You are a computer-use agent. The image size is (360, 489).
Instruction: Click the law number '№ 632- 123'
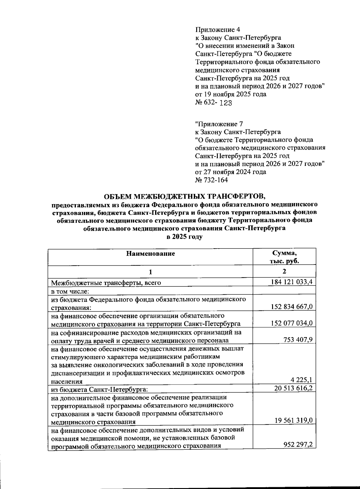(214, 103)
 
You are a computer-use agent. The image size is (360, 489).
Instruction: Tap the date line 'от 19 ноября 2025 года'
(231, 94)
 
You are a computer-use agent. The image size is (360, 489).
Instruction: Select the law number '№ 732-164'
(211, 180)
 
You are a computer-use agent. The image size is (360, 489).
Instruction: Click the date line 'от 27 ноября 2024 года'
(230, 172)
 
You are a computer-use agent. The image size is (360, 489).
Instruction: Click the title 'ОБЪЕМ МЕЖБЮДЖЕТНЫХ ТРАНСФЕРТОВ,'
(184, 196)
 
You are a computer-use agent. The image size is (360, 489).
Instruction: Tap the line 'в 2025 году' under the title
(184, 237)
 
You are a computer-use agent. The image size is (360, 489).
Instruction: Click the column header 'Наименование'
(150, 254)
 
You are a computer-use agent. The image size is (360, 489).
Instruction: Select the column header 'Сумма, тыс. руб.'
(284, 257)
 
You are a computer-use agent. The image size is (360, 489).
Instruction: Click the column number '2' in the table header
(284, 271)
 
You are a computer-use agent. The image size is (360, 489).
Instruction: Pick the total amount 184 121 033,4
(290, 282)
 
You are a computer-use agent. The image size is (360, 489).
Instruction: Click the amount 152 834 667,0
(292, 306)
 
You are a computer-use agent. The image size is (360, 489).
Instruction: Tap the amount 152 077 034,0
(292, 323)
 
